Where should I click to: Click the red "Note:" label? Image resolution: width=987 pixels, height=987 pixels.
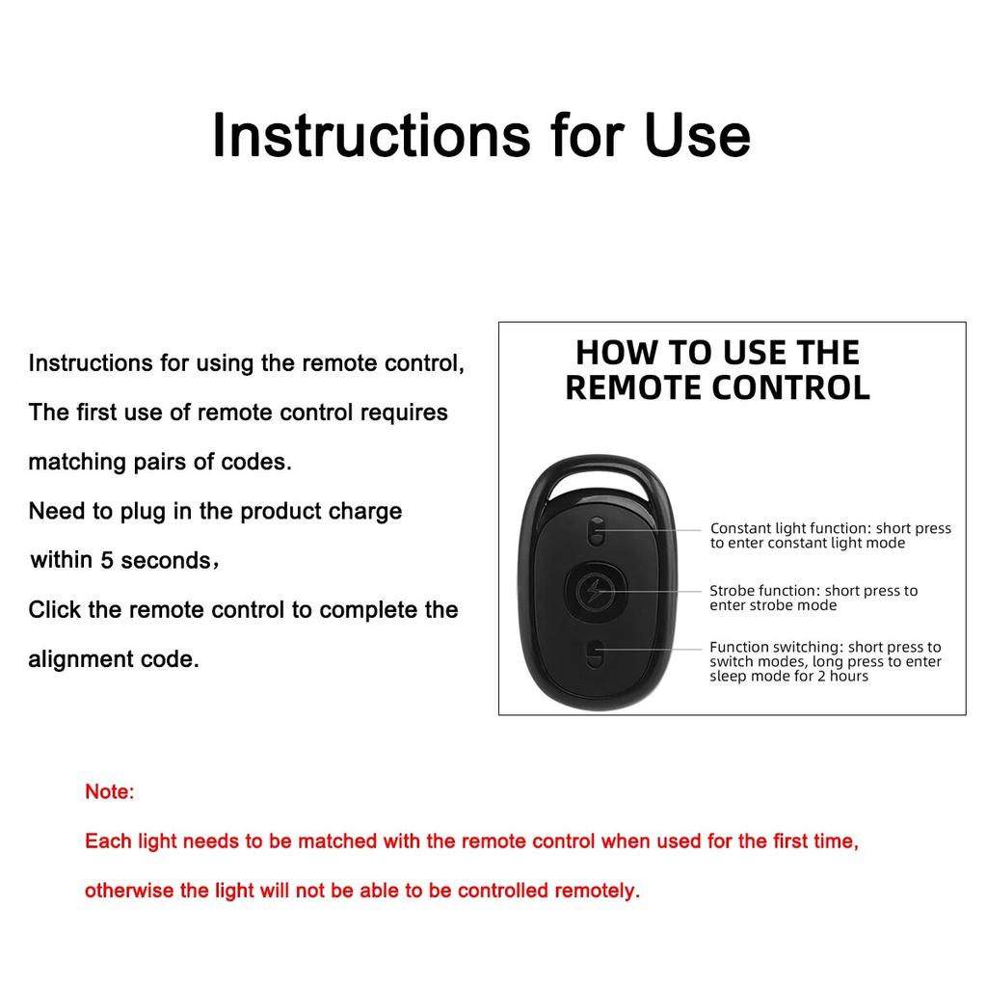coord(109,792)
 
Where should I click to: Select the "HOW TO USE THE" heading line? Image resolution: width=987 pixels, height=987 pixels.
coord(717,353)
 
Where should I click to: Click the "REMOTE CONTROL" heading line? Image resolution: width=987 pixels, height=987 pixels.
coord(717,387)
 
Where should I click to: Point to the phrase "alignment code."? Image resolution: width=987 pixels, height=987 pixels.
coord(113,659)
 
